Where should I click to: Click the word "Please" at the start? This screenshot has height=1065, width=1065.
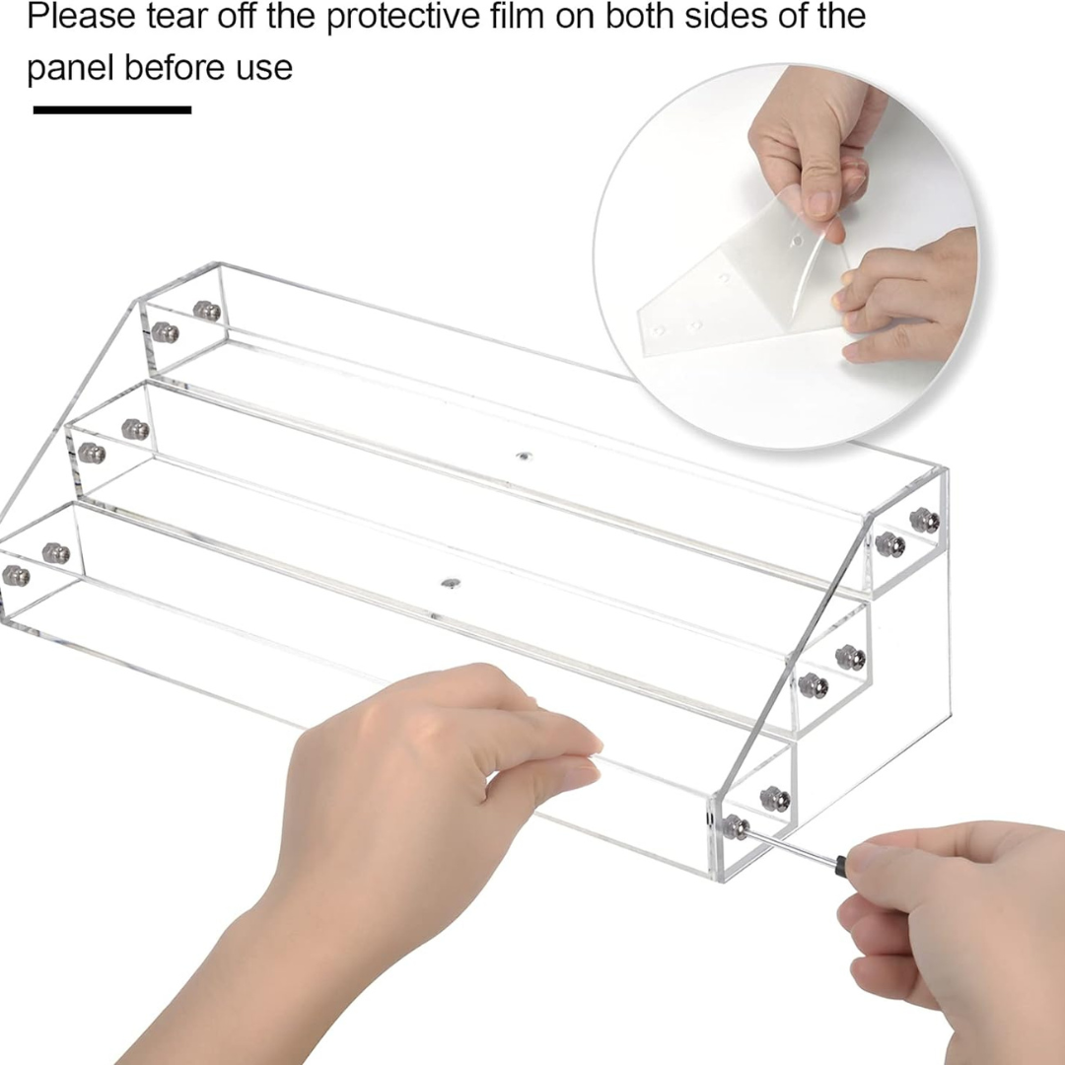pos(82,15)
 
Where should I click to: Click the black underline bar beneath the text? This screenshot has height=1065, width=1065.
pos(112,109)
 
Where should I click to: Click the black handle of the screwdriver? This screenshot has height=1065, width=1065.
pos(841,864)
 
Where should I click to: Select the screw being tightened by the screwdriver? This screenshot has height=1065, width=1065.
pos(735,826)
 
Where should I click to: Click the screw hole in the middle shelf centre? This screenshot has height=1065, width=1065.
pos(523,456)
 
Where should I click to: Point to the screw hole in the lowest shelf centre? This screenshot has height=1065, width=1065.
pos(451,583)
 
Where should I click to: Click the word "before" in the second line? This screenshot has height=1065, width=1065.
pos(176,67)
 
